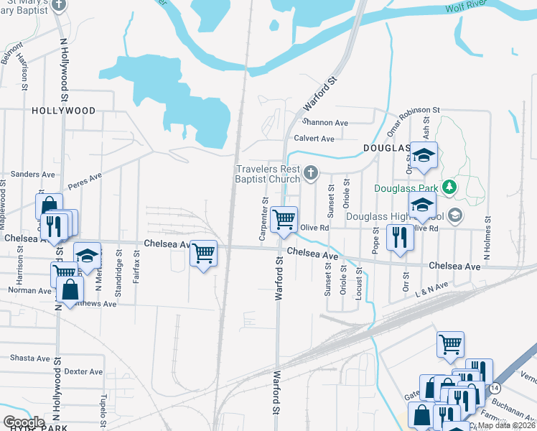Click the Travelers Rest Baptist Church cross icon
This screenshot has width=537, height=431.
(310, 172)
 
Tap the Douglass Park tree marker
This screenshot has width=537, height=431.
(450, 187)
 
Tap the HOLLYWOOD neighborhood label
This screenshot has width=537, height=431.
(63, 111)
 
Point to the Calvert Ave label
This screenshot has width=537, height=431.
(314, 139)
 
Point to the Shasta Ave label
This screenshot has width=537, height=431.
(29, 358)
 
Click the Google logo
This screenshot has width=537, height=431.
(24, 422)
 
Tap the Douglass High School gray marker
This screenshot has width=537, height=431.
(454, 215)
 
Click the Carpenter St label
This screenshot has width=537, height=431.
(265, 219)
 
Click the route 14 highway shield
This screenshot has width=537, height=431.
(495, 388)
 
